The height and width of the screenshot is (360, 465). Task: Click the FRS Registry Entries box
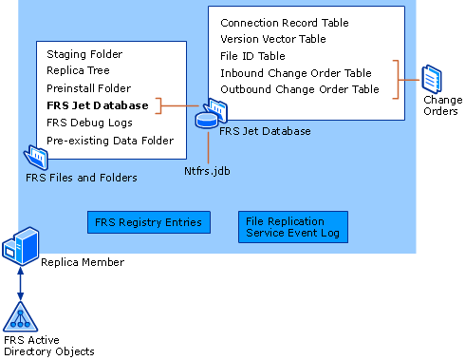point(149,222)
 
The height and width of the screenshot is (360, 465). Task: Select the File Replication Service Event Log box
point(293,227)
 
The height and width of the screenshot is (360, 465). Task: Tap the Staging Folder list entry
point(84,54)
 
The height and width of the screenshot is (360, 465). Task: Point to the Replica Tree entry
point(78,70)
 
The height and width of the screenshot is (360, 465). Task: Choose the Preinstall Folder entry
point(88,88)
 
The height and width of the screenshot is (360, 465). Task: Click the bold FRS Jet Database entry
point(98,105)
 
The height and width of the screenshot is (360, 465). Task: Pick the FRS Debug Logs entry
point(89,123)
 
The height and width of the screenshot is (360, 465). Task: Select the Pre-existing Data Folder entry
point(110,141)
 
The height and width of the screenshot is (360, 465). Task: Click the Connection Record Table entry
point(285,23)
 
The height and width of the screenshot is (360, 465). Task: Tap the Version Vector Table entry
point(273,39)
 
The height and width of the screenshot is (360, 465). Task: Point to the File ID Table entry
point(252,56)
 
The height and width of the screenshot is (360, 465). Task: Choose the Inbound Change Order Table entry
point(296,73)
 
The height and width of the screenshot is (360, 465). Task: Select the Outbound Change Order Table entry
point(300,89)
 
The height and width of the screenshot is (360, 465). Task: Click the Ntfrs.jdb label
point(207,171)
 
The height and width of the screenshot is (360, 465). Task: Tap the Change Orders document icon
point(432,79)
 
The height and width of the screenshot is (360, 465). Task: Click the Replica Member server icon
point(21,246)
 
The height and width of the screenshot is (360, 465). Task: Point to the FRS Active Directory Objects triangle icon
point(21,316)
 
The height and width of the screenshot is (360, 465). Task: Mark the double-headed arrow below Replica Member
point(21,283)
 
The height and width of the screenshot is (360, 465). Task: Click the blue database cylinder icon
point(207,121)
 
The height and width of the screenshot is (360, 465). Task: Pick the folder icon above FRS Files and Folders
point(36,157)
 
